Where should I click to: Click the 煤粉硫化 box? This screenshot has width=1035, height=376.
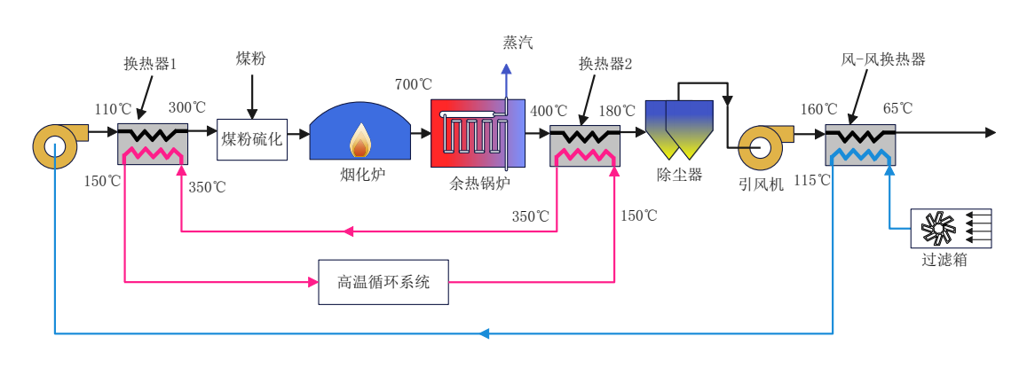252,139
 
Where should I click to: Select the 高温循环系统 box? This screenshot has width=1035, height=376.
383,282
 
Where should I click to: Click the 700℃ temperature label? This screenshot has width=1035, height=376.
414,85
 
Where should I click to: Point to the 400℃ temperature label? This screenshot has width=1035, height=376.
549,112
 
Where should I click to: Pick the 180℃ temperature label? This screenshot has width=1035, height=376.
617,112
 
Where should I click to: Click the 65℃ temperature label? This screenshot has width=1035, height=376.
897,109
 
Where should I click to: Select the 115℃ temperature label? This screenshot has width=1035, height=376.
811,181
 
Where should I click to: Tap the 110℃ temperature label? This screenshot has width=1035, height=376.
113,110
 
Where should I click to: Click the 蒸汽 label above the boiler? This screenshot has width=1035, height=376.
517,43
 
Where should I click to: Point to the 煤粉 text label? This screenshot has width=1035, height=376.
251,59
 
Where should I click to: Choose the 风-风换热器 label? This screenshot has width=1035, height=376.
883,60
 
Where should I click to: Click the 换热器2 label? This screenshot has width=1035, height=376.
605,64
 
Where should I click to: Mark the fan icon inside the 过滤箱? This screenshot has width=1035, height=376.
938,228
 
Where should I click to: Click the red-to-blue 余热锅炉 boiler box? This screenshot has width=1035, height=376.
478,133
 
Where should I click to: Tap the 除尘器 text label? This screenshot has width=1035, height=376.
679,176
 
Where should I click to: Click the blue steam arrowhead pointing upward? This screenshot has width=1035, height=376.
506,68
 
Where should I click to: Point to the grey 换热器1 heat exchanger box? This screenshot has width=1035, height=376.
153,144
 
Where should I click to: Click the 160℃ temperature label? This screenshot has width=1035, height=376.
818,110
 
